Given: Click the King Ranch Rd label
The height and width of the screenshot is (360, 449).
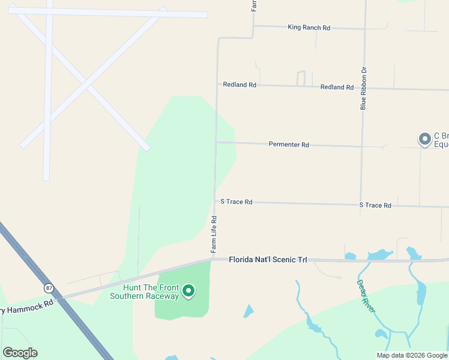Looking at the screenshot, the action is (x=309, y=28).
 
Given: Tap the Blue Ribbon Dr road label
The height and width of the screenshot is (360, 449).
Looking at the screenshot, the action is (x=363, y=88).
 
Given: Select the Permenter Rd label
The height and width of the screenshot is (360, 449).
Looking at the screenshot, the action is (x=289, y=145).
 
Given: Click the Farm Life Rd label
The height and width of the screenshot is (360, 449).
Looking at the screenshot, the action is (x=214, y=234).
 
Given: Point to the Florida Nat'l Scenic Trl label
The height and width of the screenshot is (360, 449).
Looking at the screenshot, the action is (x=268, y=260).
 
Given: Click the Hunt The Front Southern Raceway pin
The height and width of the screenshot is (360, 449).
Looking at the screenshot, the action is (x=188, y=292).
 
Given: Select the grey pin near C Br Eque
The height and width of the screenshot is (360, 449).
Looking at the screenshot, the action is (x=425, y=139).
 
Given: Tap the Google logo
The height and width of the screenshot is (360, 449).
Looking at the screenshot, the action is (x=20, y=353).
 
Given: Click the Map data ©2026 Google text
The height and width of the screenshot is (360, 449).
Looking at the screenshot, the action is (x=412, y=355).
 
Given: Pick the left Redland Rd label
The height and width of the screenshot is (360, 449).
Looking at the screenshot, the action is (x=240, y=85).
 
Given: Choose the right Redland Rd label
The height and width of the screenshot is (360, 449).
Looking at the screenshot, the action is (x=337, y=87).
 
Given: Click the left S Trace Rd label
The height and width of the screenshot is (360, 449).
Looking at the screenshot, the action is (x=237, y=202).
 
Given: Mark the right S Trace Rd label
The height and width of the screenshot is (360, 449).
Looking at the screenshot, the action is (x=375, y=205).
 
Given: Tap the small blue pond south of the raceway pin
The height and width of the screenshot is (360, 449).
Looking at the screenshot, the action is (x=249, y=311).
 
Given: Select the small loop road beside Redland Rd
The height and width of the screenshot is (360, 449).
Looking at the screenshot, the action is (x=301, y=78).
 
